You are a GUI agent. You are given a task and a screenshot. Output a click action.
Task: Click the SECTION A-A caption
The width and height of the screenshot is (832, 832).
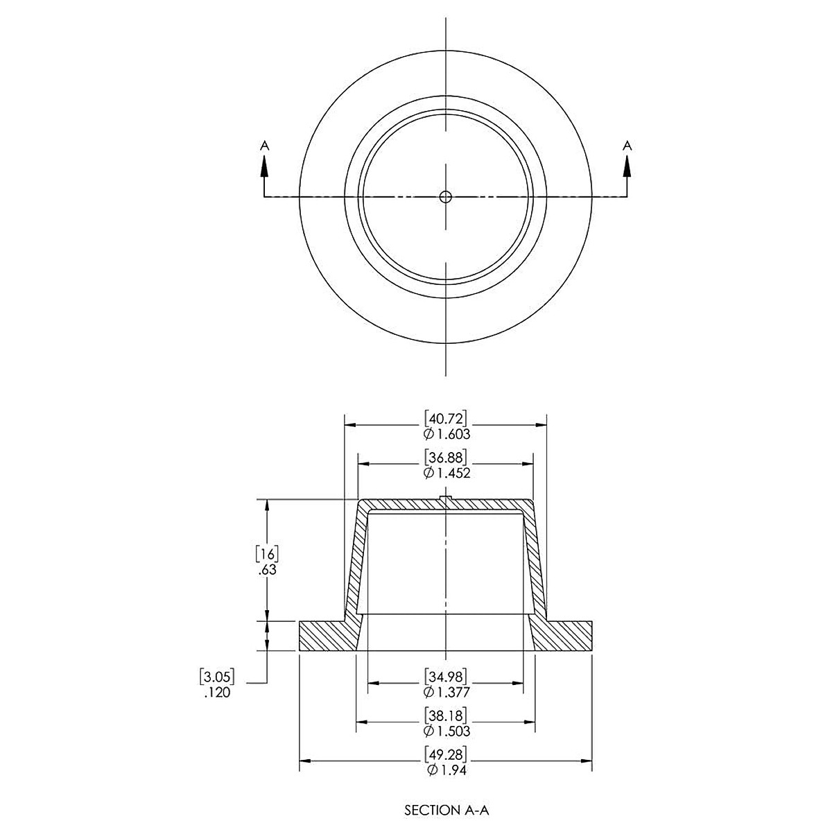click(447, 809)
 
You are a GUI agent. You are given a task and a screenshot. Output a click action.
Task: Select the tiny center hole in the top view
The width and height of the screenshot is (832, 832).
click(446, 197)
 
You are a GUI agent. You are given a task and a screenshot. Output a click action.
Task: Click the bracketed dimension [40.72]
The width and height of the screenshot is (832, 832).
click(447, 418)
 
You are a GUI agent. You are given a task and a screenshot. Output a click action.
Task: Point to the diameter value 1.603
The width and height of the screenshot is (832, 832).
click(447, 434)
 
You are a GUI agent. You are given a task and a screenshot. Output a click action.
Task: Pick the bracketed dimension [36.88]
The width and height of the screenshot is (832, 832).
click(447, 458)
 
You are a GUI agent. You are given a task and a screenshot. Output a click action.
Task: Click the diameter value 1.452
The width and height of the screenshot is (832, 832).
click(447, 474)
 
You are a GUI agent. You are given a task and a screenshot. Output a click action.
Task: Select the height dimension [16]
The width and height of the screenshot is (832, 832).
click(267, 553)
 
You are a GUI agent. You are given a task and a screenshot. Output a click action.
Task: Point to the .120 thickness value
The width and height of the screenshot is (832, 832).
click(217, 692)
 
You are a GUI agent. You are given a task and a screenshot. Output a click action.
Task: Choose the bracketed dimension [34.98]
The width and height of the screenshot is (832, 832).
click(447, 675)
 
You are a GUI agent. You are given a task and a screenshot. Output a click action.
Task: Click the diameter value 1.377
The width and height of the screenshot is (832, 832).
click(447, 691)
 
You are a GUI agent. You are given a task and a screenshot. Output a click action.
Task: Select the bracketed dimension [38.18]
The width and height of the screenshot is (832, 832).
click(447, 715)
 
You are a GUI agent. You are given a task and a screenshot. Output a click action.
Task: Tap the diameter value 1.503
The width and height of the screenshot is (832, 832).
click(447, 731)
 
